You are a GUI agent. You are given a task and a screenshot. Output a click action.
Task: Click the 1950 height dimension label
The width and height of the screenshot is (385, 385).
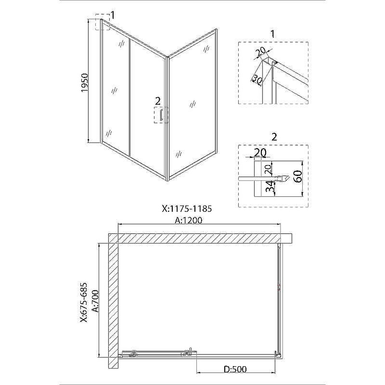click(85, 83)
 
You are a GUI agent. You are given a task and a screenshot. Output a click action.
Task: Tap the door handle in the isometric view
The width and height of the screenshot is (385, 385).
click(161, 115)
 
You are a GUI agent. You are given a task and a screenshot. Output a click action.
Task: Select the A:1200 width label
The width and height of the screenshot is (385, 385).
click(189, 220)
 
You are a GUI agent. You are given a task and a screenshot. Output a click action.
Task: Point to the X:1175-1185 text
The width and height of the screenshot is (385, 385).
click(187, 209)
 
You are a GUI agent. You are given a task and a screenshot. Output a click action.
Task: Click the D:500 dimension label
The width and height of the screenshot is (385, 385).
click(235, 369)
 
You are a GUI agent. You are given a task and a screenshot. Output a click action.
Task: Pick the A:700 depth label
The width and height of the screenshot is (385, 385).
click(95, 301)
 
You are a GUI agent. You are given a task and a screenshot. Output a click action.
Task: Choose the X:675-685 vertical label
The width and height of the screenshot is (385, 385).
click(83, 302)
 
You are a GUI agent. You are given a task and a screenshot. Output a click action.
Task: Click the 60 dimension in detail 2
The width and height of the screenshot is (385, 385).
click(298, 176)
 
